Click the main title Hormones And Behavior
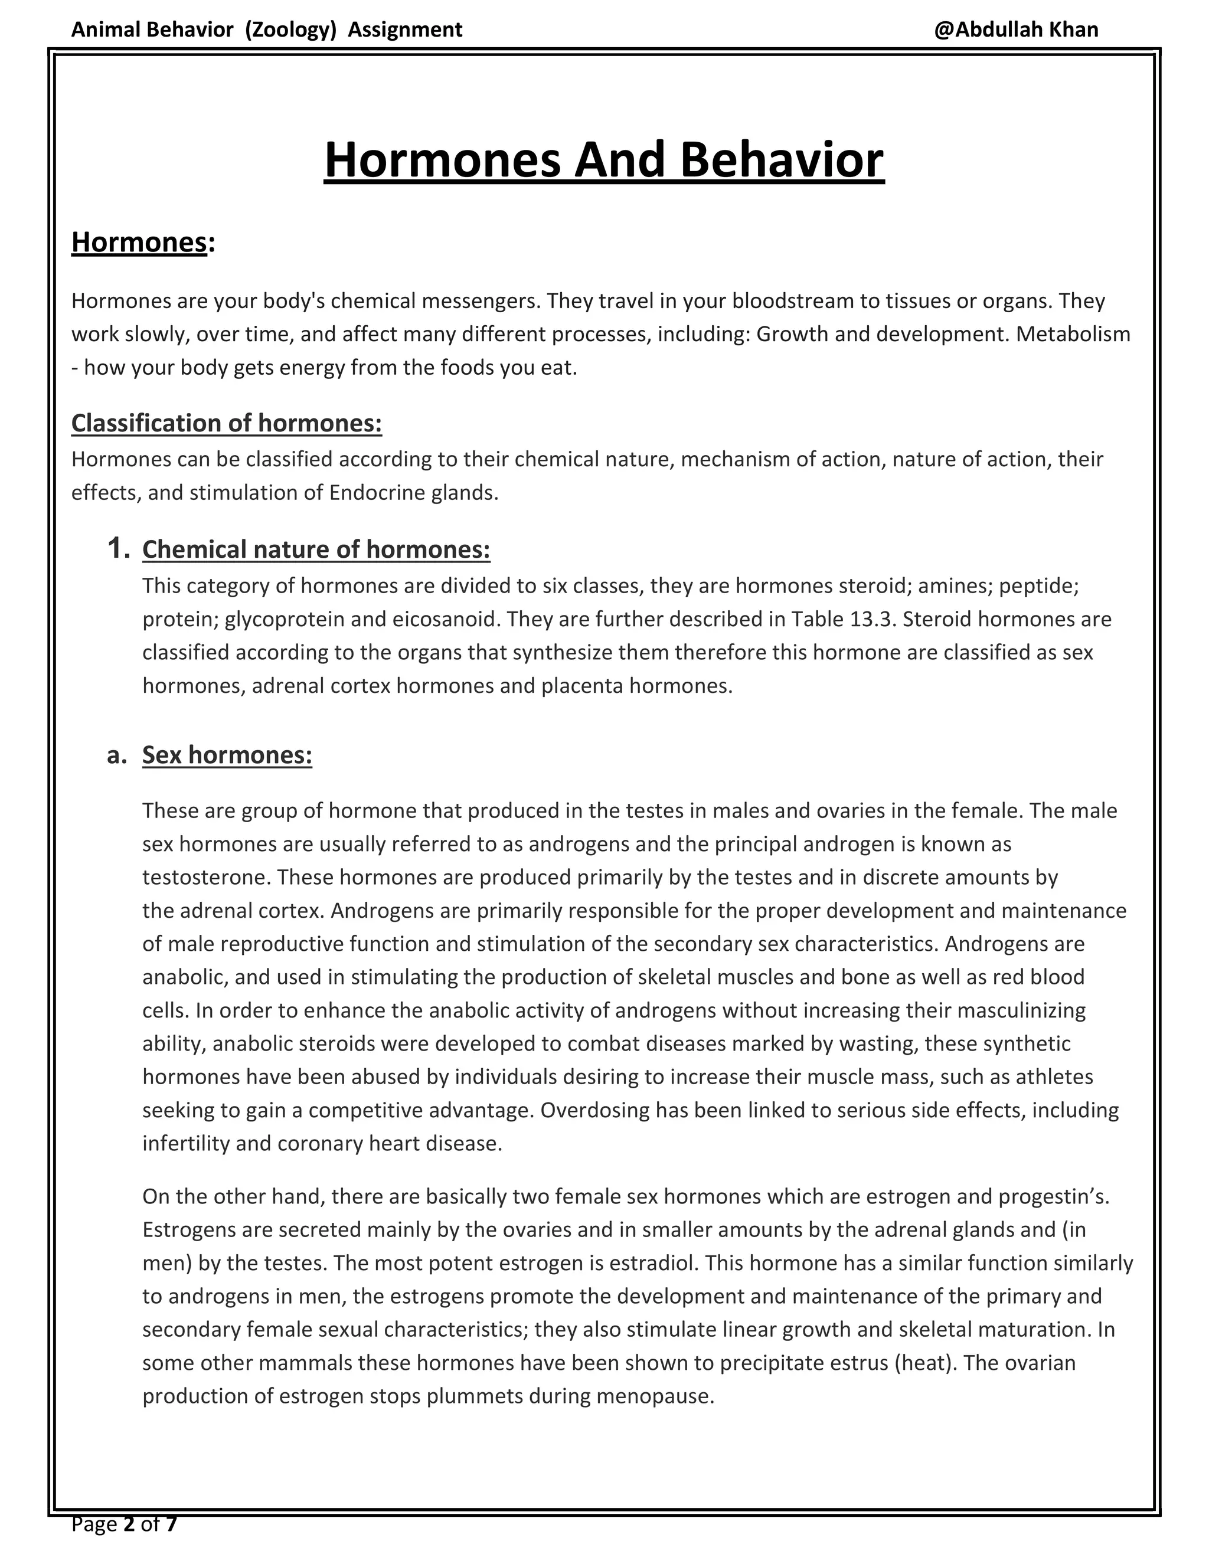604,161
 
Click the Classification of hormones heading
226,423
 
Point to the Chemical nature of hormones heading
316,549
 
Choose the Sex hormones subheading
227,755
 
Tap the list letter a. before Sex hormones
117,755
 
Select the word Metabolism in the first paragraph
1072,335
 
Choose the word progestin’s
1054,1197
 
